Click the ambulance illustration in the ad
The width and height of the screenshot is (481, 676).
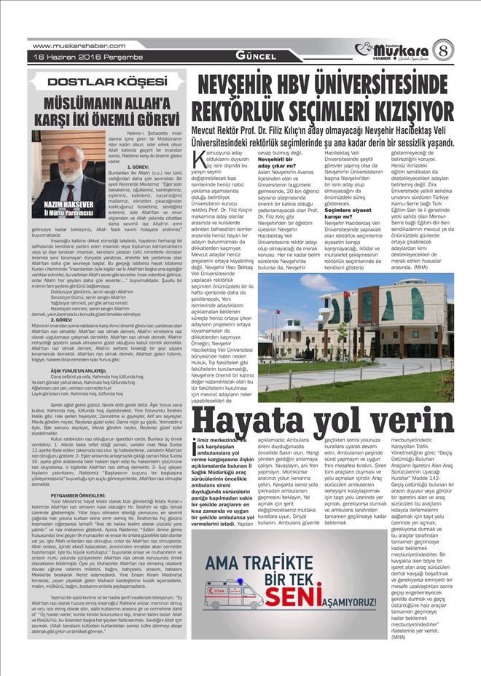234,592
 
